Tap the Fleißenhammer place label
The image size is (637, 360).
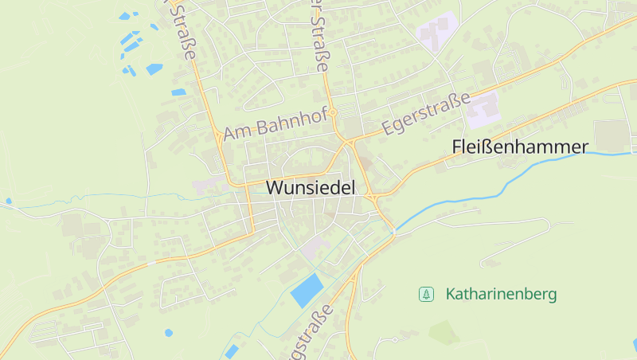pos(519,147)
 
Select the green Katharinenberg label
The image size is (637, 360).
pos(501,294)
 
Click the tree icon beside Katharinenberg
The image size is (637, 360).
pos(427,295)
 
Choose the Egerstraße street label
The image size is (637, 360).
pos(426,113)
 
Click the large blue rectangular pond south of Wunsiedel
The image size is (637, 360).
pos(307,290)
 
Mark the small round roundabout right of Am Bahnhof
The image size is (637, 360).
pos(335,112)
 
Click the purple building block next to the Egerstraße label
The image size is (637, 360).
pos(483,111)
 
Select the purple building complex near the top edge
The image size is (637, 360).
pos(436,31)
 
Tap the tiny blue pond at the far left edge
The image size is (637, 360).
pos(9,201)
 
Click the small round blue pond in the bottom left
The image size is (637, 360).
pos(168,332)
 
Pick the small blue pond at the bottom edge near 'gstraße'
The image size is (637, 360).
pos(232,351)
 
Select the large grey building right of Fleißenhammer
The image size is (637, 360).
pos(611,135)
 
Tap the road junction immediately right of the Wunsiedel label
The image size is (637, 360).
pos(371,195)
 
